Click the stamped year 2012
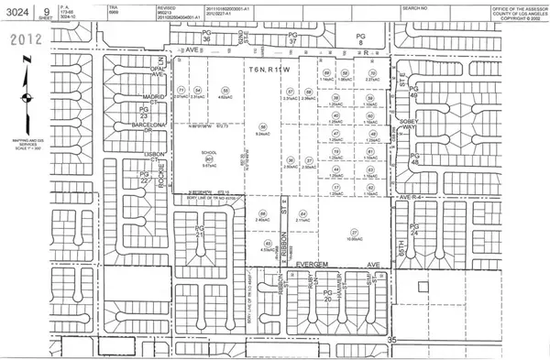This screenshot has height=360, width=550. point(26,40)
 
